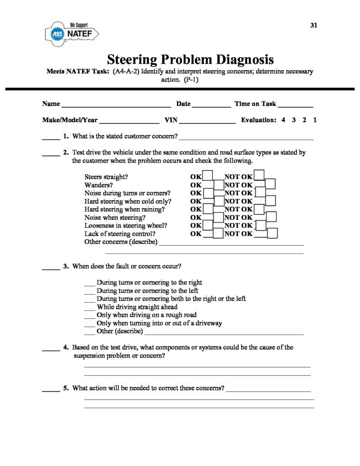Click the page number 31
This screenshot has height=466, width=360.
tap(313, 25)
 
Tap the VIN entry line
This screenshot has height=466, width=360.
tap(208, 122)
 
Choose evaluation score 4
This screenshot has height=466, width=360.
tap(283, 121)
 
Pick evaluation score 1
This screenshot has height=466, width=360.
tap(315, 121)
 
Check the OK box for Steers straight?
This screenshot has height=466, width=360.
tap(208, 176)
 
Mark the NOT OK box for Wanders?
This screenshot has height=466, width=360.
tap(270, 184)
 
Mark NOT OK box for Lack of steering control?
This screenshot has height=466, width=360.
tap(273, 233)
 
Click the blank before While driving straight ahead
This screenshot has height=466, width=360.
tap(90, 308)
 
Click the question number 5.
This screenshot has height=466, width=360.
tap(66, 388)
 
